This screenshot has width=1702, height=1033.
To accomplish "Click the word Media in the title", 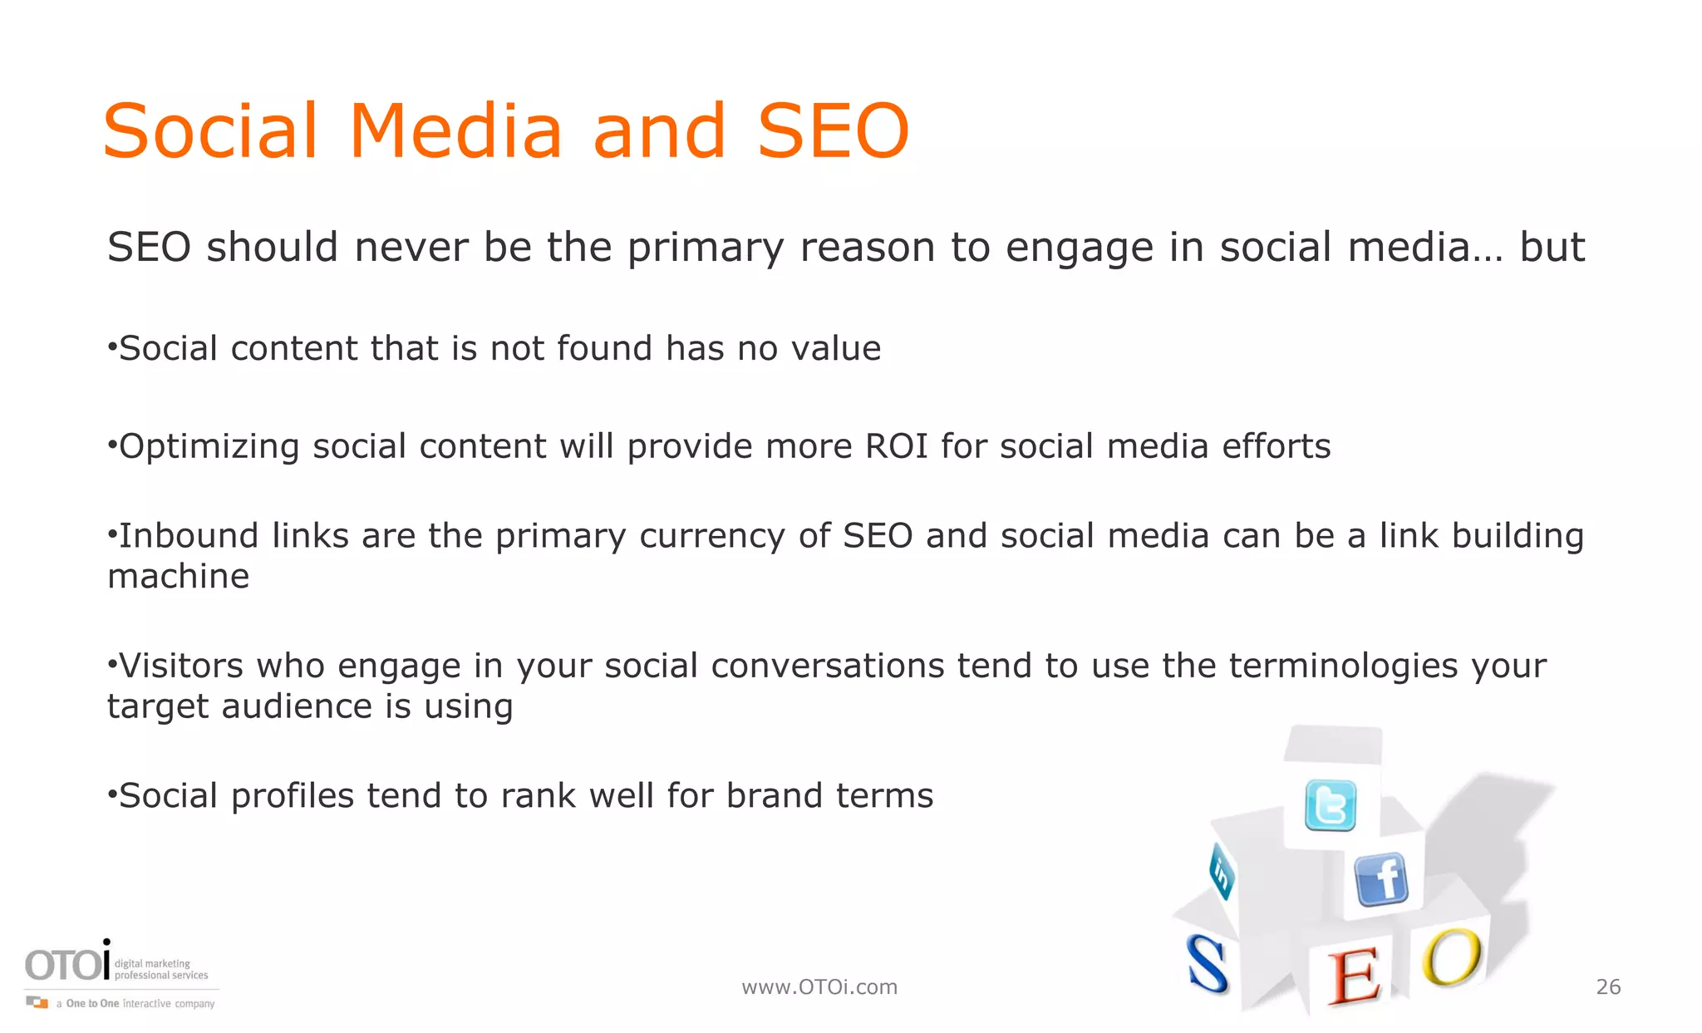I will click(x=455, y=131).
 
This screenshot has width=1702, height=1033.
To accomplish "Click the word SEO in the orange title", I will click(x=833, y=131).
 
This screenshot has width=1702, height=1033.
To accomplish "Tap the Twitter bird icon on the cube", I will click(x=1331, y=804).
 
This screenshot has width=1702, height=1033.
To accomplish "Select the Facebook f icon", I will click(x=1381, y=879).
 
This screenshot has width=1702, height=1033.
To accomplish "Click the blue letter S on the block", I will click(x=1207, y=964).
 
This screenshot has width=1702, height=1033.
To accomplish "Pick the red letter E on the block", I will click(x=1353, y=978).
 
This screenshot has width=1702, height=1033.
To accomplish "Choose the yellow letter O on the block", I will click(x=1451, y=957).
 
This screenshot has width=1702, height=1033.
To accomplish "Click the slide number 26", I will click(x=1608, y=986).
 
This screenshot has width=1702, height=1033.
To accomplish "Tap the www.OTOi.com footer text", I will click(x=819, y=986).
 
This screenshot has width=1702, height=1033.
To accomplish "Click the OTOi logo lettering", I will click(x=66, y=964).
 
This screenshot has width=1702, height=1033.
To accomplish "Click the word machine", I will click(x=179, y=577).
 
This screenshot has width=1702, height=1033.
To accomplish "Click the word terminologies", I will click(x=1344, y=666).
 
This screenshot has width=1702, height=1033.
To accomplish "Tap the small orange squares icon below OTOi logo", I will click(x=37, y=1002).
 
